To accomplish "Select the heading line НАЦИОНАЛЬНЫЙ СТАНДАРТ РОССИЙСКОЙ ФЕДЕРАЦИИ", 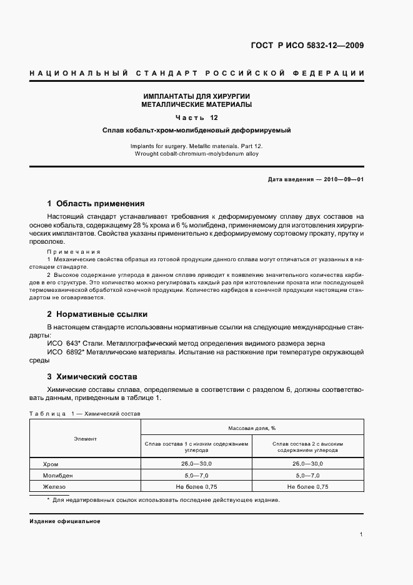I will point(197,74).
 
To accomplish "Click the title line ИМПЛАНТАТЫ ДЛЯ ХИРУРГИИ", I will point(197,96).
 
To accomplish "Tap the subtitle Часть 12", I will point(197,117).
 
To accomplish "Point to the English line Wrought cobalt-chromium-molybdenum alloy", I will point(197,152).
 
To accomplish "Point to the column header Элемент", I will point(86,439).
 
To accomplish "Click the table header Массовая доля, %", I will point(252,427).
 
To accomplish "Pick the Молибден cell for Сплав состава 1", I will point(196,476).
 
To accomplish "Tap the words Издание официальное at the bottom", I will point(64,521).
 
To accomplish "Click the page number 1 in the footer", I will point(362,534).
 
